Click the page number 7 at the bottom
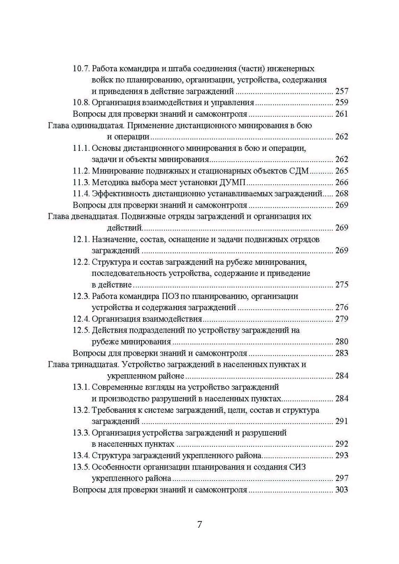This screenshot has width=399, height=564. tap(199, 525)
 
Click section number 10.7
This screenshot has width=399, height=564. tap(81, 68)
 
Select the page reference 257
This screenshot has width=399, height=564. tap(342, 91)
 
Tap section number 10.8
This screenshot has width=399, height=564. tap(81, 103)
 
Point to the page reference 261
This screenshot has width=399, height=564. tap(342, 114)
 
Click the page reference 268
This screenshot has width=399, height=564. tap(342, 194)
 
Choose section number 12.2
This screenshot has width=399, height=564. tap(81, 262)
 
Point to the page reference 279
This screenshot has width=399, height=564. tap(342, 319)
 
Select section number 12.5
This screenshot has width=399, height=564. tap(81, 330)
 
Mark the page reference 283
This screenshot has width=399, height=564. tap(342, 353)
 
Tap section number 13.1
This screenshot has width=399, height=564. tap(81, 387)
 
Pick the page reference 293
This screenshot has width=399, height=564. tap(342, 455)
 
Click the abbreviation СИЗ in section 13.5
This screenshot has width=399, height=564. tap(297, 467)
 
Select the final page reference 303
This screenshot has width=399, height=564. tap(342, 490)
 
